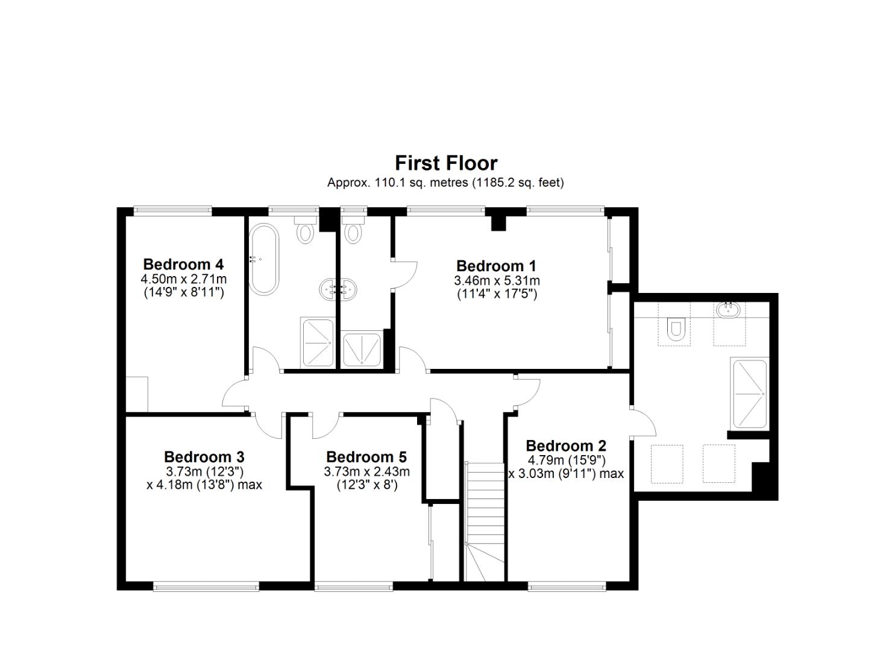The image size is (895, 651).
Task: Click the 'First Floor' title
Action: tap(446, 163)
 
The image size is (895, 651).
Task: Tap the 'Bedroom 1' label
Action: tap(496, 266)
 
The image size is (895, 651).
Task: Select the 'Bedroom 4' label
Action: tap(183, 264)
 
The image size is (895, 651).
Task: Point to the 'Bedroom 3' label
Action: tap(204, 457)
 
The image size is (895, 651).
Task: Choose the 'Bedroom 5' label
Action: tap(366, 457)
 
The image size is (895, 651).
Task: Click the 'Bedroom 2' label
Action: tap(566, 446)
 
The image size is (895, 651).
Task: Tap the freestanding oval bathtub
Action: tap(264, 259)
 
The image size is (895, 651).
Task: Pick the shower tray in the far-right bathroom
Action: tap(749, 394)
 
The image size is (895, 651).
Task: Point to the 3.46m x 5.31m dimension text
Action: tap(497, 281)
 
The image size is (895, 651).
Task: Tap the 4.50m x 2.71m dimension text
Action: tap(183, 279)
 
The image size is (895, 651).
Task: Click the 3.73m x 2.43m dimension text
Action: tap(366, 471)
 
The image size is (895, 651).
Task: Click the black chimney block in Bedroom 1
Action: tap(498, 222)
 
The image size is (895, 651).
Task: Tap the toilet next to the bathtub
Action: tap(305, 231)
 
